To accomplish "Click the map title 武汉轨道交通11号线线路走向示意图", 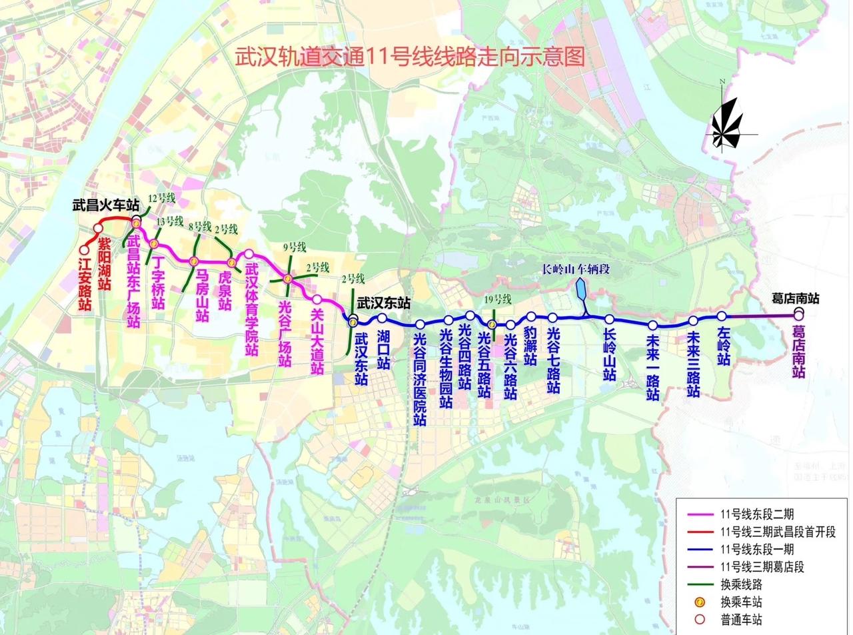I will pos(410,57).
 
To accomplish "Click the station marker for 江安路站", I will pos(84,251).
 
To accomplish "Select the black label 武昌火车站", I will pos(105,205).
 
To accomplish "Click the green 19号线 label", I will pos(498,299).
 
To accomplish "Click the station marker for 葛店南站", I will pos(798,314).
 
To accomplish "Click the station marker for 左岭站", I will pos(722,316).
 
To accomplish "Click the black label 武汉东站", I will pos(383,302).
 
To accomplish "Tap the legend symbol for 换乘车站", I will pos(700,602).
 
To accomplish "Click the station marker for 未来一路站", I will pos(653,326).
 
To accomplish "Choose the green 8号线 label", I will pos(199,226).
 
